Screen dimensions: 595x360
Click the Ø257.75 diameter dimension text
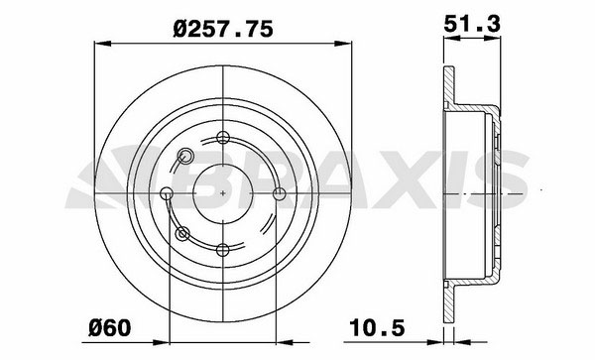click(223, 29)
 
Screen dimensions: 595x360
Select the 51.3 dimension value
click(472, 24)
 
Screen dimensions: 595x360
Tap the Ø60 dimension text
click(110, 327)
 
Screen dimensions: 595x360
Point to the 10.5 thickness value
click(377, 327)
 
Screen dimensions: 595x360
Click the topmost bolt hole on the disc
click(223, 137)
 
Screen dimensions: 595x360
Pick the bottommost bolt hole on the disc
click(223, 250)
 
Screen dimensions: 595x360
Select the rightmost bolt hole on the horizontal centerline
click(280, 193)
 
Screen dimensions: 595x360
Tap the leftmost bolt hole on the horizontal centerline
click(167, 193)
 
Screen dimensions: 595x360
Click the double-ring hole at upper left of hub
click(184, 156)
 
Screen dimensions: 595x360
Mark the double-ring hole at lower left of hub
click(182, 234)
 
